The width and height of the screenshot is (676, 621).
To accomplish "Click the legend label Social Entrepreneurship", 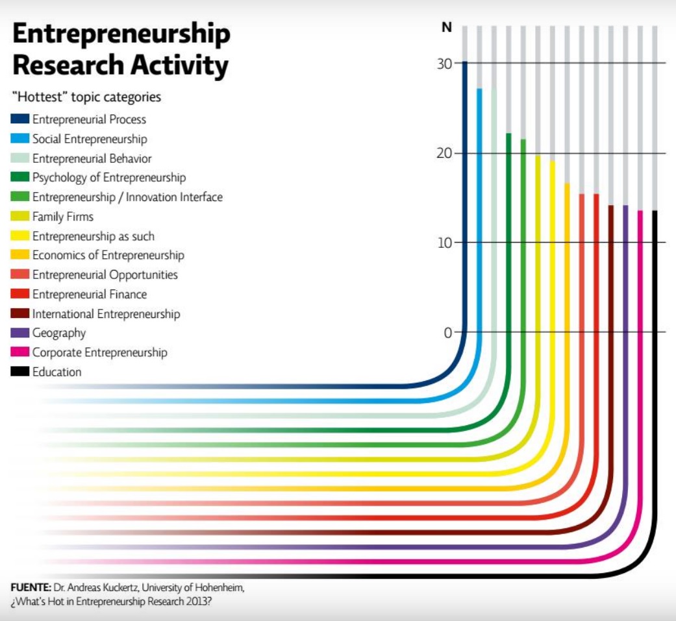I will pos(90,139).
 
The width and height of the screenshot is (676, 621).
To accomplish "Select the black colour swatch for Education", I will pos(19,372).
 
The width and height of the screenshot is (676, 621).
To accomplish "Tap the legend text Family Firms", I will pos(63,217).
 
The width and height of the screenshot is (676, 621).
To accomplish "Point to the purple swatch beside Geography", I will pos(19,333).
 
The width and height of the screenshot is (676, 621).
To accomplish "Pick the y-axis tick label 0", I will pos(447,333).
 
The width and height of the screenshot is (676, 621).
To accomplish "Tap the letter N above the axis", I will pos(446,28).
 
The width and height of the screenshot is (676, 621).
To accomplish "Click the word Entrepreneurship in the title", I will pos(121,34).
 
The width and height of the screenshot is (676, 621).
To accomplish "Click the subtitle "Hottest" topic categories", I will pos(86,97).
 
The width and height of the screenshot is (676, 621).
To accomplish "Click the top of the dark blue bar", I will pos(465,63).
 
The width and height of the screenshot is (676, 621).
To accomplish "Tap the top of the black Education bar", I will pos(655,212).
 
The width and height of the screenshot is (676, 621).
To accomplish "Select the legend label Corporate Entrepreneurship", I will pos(100,352).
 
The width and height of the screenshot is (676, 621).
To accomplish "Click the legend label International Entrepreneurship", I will pos(106,313).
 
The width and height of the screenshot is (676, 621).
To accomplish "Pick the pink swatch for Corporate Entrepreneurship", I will pos(19,352).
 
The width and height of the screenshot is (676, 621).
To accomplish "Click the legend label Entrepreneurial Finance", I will pos(90,294).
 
